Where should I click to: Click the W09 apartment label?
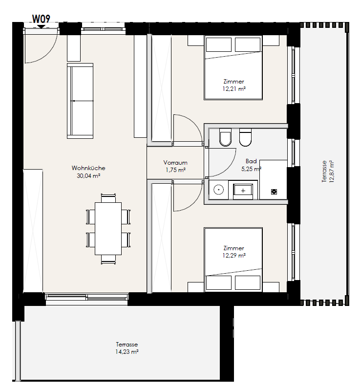41,19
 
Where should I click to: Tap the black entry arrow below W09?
41,26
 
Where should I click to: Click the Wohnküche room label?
88,168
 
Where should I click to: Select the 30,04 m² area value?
88,176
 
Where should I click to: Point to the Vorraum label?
175,163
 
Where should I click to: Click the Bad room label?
251,161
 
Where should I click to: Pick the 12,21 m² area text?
234,89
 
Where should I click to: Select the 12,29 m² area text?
234,256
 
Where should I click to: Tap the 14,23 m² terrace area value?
127,352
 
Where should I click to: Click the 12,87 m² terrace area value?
332,172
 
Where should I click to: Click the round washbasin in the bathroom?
218,190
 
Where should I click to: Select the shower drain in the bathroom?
274,192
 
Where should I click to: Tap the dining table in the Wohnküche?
108,229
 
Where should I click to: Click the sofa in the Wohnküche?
80,101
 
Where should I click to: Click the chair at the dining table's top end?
108,198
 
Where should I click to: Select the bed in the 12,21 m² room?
233,67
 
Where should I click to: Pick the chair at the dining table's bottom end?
108,260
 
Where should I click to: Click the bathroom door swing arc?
228,167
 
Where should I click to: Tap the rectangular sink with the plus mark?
243,191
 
